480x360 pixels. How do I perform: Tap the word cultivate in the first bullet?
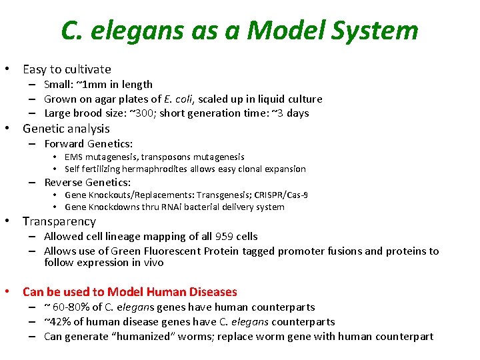85,69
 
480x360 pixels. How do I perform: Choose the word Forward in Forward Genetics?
65,144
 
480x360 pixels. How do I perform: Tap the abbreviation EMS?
74,157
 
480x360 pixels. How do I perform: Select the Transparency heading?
59,221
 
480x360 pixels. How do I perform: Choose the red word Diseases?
212,292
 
